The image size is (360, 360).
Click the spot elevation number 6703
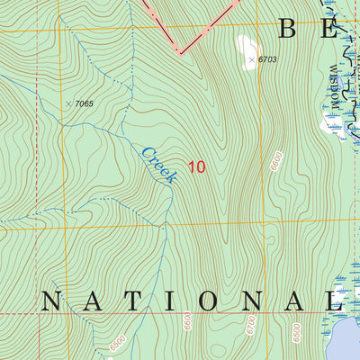(265, 60)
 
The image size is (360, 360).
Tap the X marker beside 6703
(250, 60)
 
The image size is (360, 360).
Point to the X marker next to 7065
(67, 104)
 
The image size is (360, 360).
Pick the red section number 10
(197, 166)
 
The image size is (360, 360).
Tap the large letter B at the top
(287, 29)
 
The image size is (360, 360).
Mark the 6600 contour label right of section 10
(275, 162)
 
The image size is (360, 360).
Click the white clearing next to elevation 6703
(244, 45)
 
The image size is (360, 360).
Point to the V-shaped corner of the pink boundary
(180, 52)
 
